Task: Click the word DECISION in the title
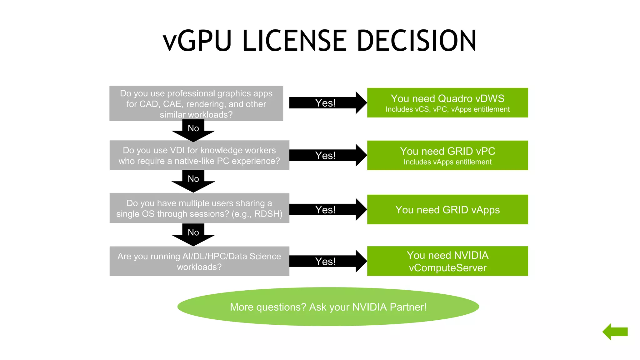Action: (x=416, y=41)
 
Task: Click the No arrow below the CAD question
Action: (x=193, y=130)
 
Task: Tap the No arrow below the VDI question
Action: (x=193, y=180)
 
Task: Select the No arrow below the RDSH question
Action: (x=193, y=234)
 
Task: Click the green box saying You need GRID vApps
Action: (x=447, y=210)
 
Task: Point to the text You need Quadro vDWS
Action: (x=447, y=98)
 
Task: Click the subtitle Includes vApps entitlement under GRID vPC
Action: (x=447, y=162)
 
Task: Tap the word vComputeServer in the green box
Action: (x=447, y=268)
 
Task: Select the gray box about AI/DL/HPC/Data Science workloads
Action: (x=199, y=261)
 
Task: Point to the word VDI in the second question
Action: (x=177, y=150)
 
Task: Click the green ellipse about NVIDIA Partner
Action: (x=328, y=307)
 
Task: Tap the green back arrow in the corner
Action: (x=615, y=332)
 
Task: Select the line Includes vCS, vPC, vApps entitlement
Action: (x=447, y=109)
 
